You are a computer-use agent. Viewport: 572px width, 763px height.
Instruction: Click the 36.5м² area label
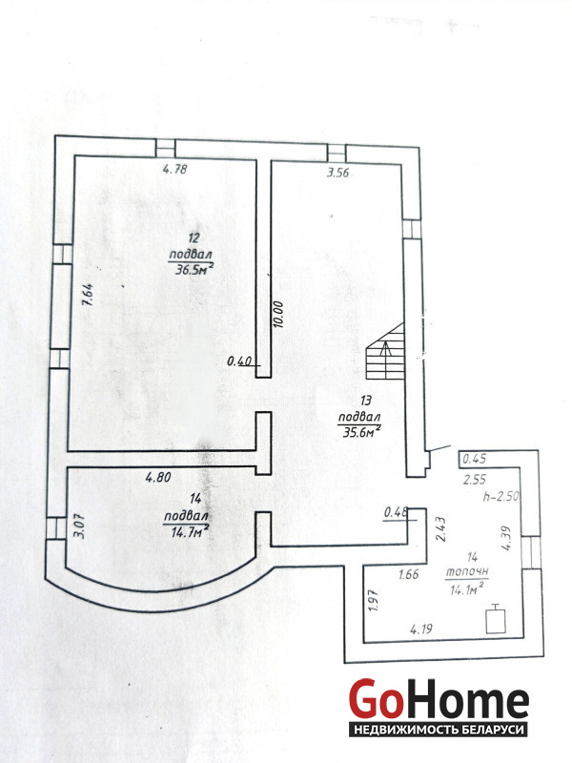[194, 269]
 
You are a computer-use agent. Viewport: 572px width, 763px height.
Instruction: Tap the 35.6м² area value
[361, 431]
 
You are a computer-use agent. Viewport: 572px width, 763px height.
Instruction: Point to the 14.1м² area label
[466, 589]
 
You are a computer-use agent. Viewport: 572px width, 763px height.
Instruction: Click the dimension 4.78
[174, 170]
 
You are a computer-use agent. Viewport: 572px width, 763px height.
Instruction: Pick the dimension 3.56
[337, 173]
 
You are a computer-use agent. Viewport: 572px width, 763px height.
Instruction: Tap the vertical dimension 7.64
[88, 296]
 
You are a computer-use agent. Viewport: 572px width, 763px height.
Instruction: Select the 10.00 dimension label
[278, 315]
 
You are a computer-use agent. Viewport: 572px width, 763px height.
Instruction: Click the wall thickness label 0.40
[239, 361]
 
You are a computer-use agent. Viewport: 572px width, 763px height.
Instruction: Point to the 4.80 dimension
[158, 478]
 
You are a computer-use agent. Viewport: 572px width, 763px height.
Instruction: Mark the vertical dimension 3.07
[80, 527]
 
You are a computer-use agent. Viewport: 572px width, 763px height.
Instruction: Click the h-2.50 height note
[500, 497]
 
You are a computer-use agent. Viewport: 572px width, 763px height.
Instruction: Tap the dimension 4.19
[421, 629]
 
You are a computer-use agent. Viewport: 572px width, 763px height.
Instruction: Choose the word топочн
[467, 571]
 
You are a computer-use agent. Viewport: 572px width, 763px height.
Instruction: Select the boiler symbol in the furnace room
[496, 619]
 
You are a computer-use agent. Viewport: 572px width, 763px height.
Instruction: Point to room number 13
[366, 401]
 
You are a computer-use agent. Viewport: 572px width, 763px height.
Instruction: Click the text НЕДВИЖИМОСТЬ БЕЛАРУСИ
[439, 730]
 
